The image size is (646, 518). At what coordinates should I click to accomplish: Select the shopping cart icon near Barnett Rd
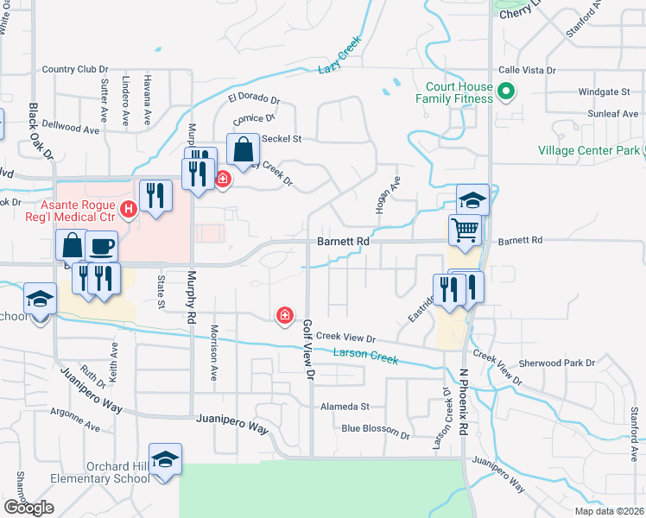coord(465,230)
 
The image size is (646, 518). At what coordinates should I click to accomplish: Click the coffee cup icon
coord(101,246)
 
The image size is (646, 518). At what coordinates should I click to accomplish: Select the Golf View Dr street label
coord(307,350)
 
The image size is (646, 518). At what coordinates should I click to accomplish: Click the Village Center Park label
coord(590,150)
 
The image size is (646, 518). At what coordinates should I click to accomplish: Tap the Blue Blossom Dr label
coord(375,428)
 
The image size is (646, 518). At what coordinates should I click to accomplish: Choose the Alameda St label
coord(345,406)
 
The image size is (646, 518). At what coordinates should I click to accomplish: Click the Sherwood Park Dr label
coord(557,363)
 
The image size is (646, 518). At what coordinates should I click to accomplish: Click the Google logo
coord(28,507)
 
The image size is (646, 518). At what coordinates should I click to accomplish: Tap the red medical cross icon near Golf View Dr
coord(283,316)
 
